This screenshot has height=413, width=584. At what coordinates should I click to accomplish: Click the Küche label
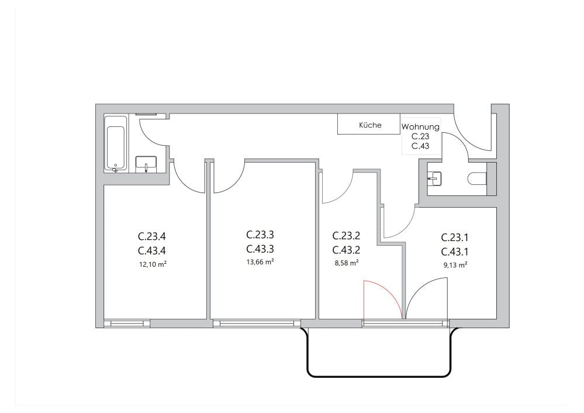pyautogui.click(x=370, y=125)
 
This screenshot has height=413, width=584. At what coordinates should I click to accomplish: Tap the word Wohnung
pyautogui.click(x=420, y=127)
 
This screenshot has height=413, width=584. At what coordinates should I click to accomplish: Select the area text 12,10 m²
pyautogui.click(x=152, y=264)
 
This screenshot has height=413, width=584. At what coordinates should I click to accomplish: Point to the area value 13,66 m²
pyautogui.click(x=261, y=262)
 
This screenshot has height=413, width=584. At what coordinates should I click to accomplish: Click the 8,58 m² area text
pyautogui.click(x=345, y=263)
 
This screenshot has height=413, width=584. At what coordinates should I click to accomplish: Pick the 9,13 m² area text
pyautogui.click(x=455, y=265)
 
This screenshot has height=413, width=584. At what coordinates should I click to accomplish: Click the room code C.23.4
pyautogui.click(x=152, y=237)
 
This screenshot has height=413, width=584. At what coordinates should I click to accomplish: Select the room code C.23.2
pyautogui.click(x=345, y=236)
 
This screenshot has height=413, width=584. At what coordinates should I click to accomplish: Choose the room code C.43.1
pyautogui.click(x=455, y=252)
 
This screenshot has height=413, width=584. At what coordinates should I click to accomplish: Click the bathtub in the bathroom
pyautogui.click(x=115, y=143)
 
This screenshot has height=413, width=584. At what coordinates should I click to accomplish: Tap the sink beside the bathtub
pyautogui.click(x=146, y=163)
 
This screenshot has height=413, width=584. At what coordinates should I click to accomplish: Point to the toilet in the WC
pyautogui.click(x=478, y=178)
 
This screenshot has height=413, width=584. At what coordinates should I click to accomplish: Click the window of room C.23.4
pyautogui.click(x=127, y=323)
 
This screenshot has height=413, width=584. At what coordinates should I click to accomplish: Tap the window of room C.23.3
pyautogui.click(x=257, y=323)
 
